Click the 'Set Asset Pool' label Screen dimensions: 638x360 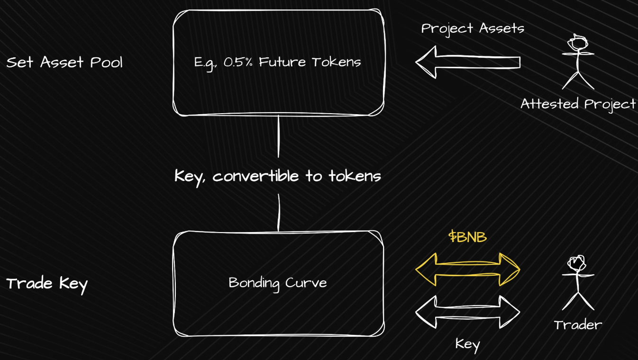64,62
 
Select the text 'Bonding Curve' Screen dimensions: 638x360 278,283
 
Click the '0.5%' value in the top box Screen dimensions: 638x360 238,62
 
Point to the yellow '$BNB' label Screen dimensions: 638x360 467,237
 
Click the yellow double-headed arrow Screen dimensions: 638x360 468,269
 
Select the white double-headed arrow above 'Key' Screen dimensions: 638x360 468,312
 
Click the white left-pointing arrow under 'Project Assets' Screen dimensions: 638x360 468,62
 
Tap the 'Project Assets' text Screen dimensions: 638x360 473,29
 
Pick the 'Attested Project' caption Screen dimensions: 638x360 578,104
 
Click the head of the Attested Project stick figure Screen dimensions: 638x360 578,43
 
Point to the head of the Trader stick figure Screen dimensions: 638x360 577,263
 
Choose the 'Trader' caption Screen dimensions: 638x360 578,325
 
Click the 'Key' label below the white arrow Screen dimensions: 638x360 468,345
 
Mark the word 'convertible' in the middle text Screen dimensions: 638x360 255,176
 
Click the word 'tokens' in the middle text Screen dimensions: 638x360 355,176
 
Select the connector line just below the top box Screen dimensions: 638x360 278,136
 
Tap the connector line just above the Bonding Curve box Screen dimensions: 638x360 279,213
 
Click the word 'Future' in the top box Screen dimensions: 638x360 282,62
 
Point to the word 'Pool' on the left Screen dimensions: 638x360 106,62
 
